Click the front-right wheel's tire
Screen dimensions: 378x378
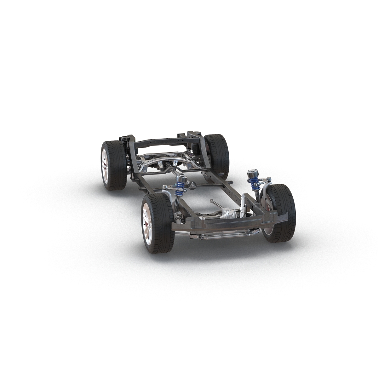[283, 214]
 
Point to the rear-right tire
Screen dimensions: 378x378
[219, 151]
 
